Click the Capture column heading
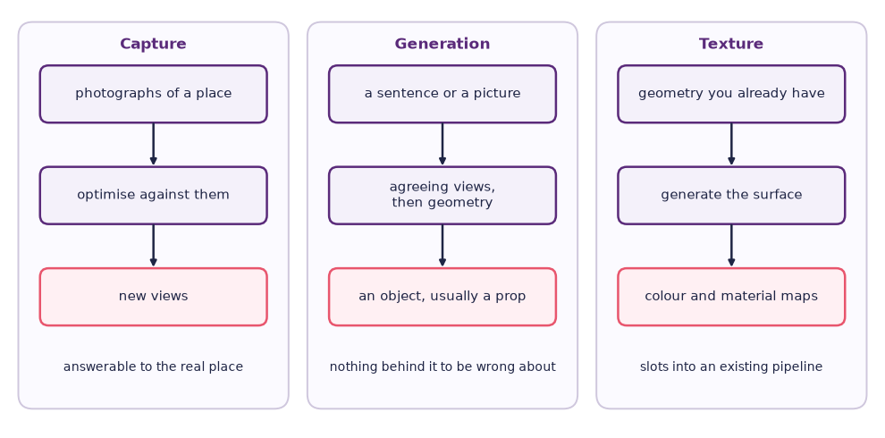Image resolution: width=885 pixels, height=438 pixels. [153, 44]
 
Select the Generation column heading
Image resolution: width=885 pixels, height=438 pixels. [442, 44]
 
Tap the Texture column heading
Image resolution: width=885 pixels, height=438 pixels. [731, 44]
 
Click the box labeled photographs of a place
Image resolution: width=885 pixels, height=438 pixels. [153, 94]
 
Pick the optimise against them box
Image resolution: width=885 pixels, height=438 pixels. [153, 195]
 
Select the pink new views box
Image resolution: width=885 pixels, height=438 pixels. [153, 297]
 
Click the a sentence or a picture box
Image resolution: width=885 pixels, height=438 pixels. [442, 94]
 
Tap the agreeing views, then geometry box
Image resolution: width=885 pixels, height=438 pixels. [442, 195]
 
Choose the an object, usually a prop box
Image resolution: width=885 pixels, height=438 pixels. [442, 297]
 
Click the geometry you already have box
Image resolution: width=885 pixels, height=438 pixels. [731, 94]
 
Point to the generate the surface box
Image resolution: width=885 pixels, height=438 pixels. [731, 195]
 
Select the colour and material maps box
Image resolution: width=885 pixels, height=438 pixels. [731, 297]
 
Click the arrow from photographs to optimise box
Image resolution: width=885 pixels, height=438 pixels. [153, 144]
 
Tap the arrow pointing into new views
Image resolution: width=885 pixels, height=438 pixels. [153, 246]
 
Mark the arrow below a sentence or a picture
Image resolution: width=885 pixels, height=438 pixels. [442, 144]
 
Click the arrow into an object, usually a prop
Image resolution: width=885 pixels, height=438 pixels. [442, 246]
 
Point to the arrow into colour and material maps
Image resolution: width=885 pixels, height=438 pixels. [731, 246]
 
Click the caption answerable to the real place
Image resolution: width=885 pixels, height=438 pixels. [153, 366]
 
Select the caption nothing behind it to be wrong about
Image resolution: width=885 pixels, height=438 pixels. [442, 366]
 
